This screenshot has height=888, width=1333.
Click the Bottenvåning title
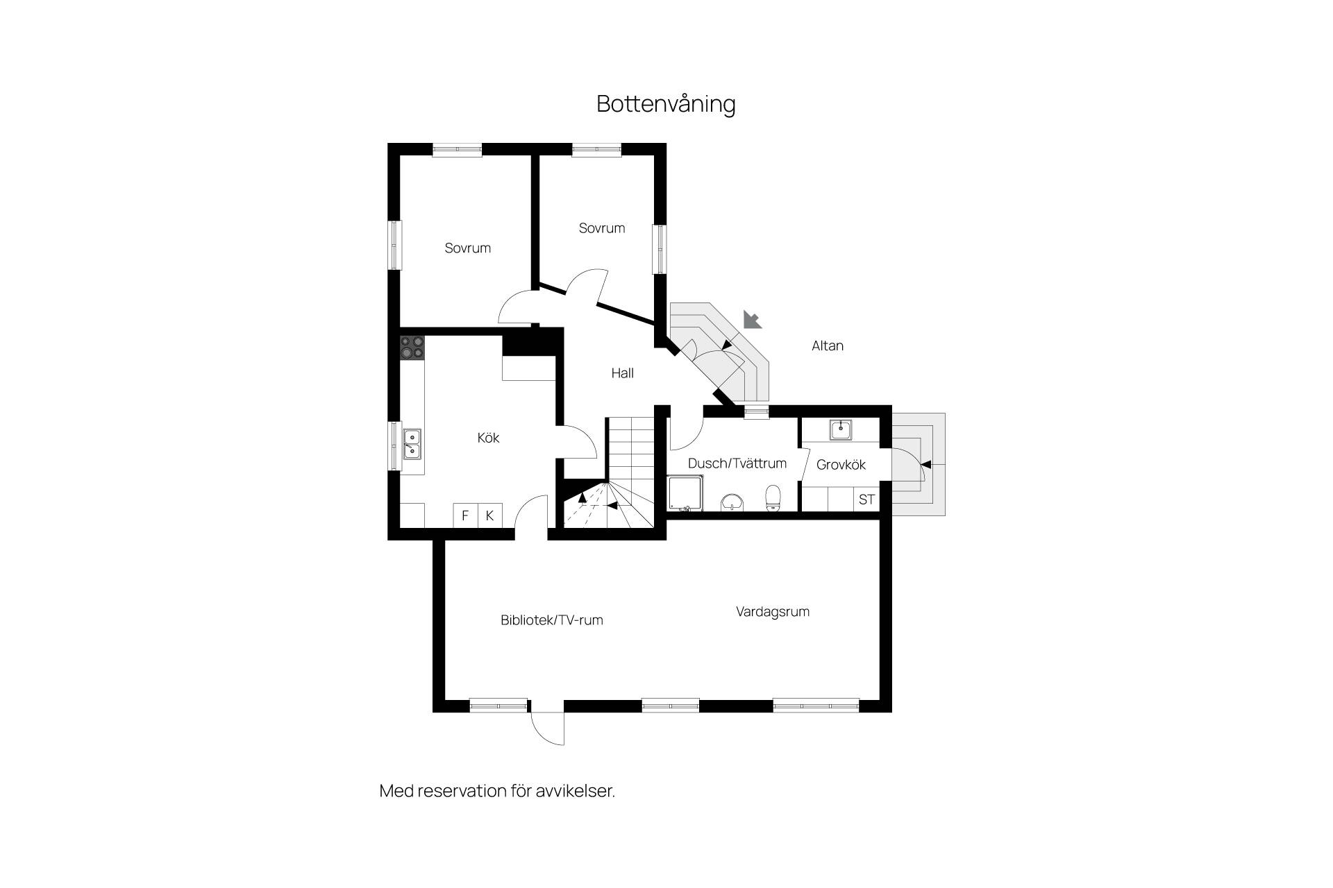pos(666,104)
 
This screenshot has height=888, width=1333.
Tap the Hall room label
pos(623,373)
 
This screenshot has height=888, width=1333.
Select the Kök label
pos(489,438)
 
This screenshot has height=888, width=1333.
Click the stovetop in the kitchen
pos(412,347)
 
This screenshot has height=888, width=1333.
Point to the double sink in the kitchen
pos(412,445)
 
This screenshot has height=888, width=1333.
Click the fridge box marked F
pos(466,515)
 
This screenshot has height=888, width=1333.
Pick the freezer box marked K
pos(490,515)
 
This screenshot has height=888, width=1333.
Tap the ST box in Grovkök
pos(866,499)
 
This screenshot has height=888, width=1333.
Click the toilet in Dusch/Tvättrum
pos(773,498)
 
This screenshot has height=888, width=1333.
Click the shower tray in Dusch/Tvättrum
pos(685,493)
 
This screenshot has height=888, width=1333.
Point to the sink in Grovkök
pos(841,430)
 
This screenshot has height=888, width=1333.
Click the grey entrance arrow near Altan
pos(753,319)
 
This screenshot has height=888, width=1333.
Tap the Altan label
pos(828,345)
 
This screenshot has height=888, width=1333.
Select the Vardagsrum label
pos(773,612)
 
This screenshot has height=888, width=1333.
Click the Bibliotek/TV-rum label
pos(552,620)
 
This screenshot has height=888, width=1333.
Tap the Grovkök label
pos(841,465)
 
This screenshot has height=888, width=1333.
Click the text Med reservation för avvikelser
pos(497,791)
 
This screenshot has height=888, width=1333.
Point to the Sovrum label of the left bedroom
pos(468,248)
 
